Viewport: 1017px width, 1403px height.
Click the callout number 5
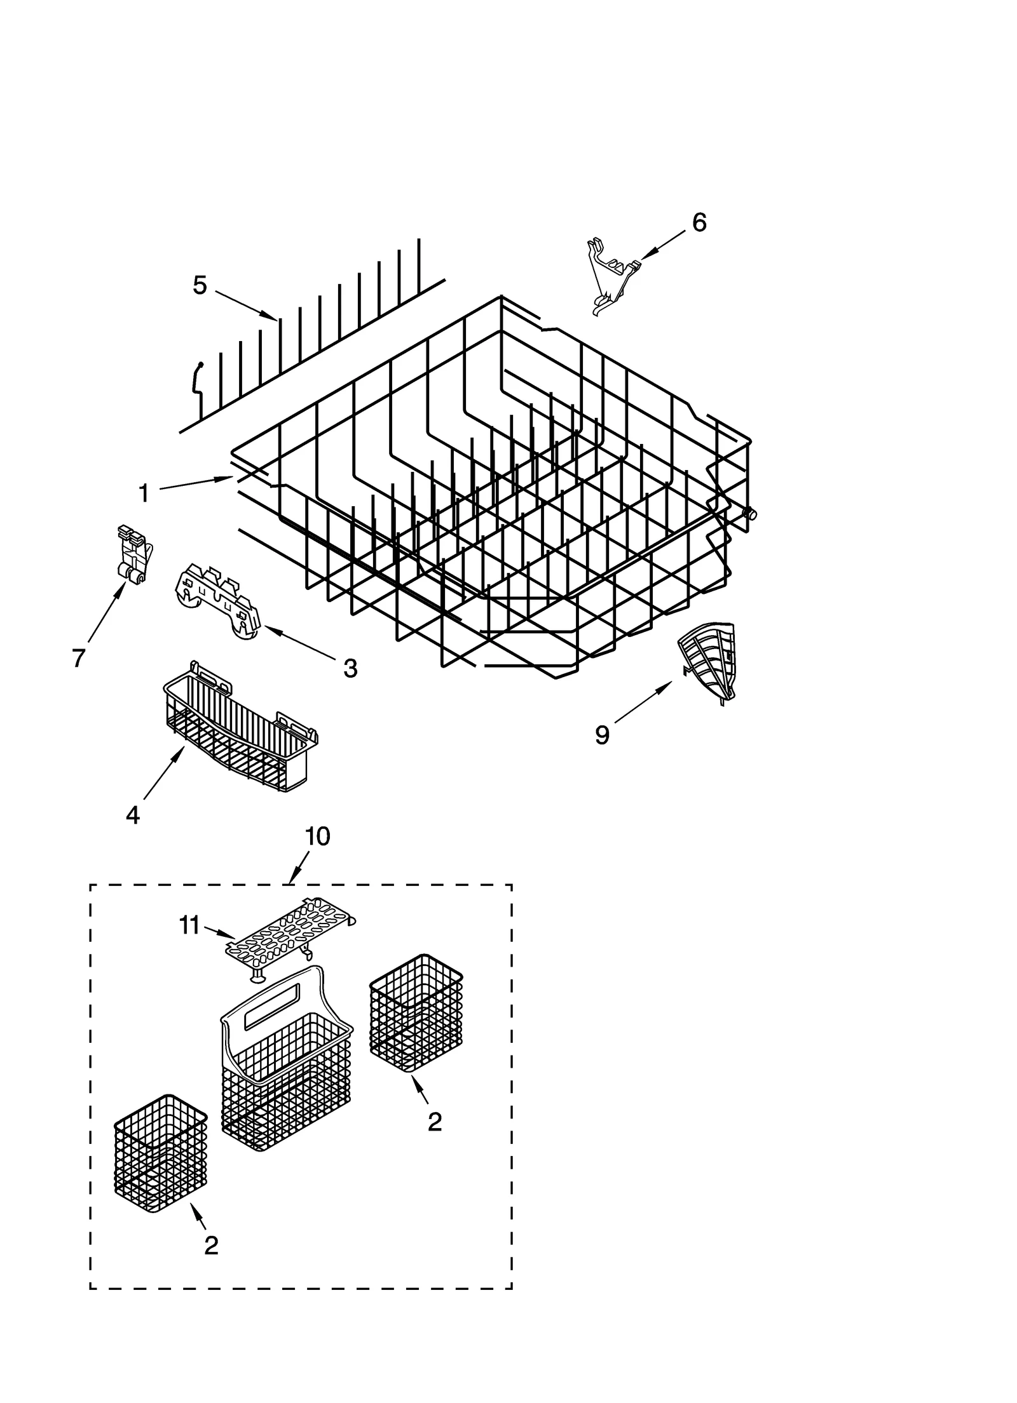coord(200,286)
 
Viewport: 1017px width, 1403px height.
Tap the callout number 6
coord(699,223)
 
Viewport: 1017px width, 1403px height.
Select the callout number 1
coord(144,493)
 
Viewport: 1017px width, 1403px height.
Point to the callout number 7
coord(78,658)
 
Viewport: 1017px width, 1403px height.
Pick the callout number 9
coord(602,735)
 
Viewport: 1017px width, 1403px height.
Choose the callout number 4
coord(132,815)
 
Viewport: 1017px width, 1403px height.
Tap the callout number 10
coord(317,836)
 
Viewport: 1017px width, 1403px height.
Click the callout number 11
coord(189,926)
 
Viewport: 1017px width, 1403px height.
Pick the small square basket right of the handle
coord(416,1010)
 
